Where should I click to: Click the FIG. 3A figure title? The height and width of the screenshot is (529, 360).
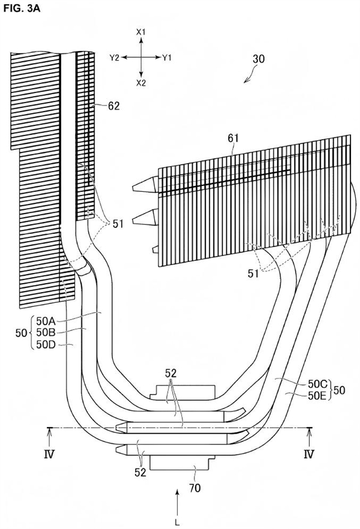pos(22,8)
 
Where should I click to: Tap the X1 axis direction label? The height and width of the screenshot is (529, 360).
pos(140,32)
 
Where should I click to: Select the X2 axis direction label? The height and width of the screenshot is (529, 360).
pos(141,83)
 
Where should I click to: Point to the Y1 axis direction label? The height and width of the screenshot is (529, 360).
pos(167,58)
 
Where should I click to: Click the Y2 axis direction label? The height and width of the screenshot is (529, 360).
pos(115,58)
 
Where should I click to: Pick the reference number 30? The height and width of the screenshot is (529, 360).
pos(259,59)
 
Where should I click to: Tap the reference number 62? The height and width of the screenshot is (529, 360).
pos(113,106)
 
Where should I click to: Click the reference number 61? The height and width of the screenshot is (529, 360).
pos(233,138)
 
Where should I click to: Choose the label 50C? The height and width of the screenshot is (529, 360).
pos(317,384)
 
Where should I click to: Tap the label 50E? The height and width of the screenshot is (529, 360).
pos(317,395)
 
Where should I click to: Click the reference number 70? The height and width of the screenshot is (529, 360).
pos(194,488)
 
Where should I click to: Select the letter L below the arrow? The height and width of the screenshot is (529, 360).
pos(177,523)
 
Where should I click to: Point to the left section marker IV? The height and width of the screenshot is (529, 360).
pos(49,455)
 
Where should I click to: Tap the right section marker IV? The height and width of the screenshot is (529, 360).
pos(309,455)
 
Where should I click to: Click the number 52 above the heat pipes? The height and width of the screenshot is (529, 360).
pos(171,373)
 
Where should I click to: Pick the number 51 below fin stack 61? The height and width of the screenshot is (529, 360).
pos(253,274)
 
